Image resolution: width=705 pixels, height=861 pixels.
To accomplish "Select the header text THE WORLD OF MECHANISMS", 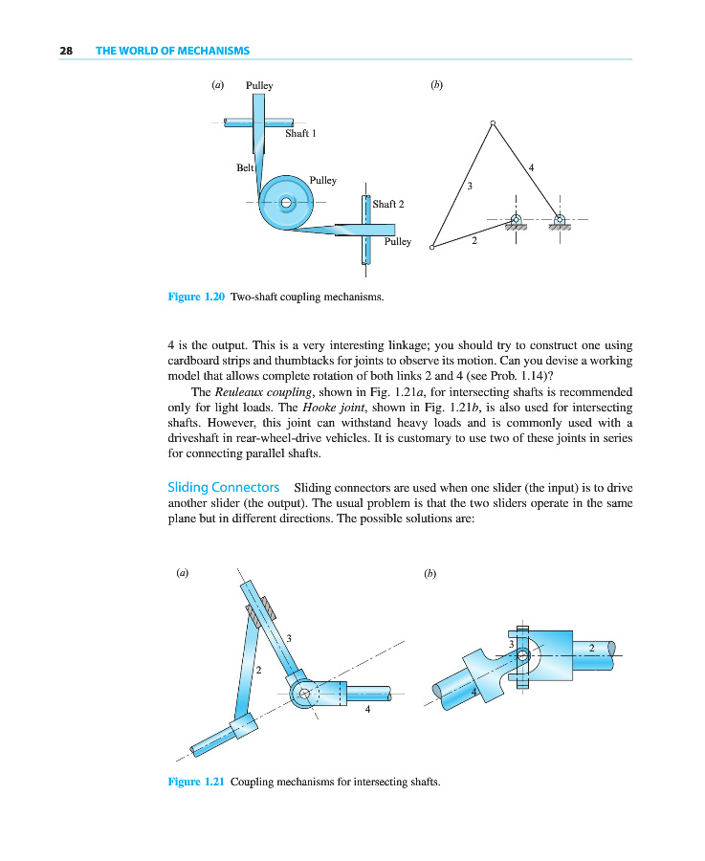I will point(172,51).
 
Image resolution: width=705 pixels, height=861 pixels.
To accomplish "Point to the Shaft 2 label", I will point(388,204).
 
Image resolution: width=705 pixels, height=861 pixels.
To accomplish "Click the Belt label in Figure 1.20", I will point(245,167).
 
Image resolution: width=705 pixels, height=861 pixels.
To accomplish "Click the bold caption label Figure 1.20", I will point(196,298).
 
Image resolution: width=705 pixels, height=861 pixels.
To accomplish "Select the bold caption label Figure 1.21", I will point(196,782).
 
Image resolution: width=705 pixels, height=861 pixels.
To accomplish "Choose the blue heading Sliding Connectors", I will point(224,488).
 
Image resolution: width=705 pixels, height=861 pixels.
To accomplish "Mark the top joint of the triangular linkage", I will point(493,122).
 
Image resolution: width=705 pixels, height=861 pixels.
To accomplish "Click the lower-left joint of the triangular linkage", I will point(431,248).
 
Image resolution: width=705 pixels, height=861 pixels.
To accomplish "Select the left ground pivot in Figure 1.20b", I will point(516,219).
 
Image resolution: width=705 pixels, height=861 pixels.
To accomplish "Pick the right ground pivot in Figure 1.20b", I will point(560,219).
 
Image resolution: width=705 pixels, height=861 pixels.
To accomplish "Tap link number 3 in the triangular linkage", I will point(470,185).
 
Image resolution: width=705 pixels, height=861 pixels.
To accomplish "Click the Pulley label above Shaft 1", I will point(259,86).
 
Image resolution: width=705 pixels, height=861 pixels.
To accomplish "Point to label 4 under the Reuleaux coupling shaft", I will point(367,709).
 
